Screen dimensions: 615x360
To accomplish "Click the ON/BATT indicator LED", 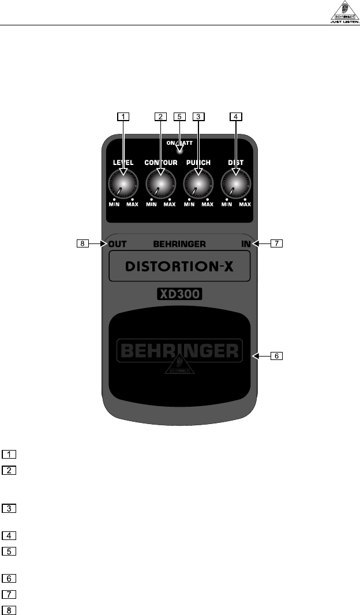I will click(x=179, y=151).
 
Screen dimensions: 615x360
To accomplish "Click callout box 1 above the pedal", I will click(x=122, y=116).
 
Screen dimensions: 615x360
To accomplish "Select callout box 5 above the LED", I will click(x=179, y=116).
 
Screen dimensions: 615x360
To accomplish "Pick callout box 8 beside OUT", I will click(x=84, y=243).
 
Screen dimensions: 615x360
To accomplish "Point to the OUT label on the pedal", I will click(x=117, y=244).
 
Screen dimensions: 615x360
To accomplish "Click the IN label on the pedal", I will click(x=246, y=244).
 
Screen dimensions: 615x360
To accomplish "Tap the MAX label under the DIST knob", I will click(x=245, y=204).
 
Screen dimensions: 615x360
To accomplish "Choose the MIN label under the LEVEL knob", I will click(x=114, y=204).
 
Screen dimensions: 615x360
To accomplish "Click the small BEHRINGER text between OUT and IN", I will click(x=179, y=244).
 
